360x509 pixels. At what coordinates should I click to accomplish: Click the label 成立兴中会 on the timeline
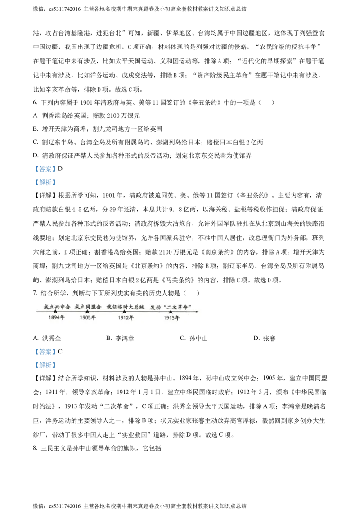(57, 307)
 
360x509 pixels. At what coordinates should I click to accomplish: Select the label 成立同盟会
(88, 307)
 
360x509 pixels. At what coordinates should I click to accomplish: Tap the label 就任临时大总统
(125, 307)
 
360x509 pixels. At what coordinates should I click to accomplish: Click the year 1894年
(57, 318)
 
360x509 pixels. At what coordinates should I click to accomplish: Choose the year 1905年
(88, 318)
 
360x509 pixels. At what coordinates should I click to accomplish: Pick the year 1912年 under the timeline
(126, 318)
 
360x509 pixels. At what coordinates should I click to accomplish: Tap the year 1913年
(171, 318)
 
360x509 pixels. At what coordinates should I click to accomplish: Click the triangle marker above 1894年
(55, 312)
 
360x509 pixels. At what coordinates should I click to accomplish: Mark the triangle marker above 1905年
(87, 312)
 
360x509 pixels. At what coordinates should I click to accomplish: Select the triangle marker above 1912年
(124, 312)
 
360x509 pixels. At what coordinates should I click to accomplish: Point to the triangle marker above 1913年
(171, 312)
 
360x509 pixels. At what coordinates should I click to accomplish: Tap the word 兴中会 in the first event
(62, 307)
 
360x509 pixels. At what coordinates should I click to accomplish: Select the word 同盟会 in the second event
(93, 307)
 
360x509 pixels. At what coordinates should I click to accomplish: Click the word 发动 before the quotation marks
(156, 307)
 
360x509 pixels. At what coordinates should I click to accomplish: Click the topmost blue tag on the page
(45, 169)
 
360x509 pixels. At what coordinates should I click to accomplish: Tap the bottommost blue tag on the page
(45, 365)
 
